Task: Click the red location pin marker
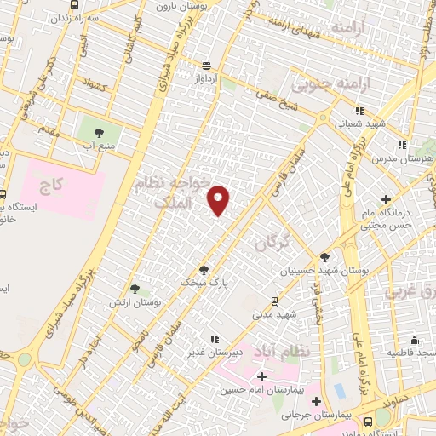[x=219, y=200]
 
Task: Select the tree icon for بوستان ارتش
[x=135, y=290]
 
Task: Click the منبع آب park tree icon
[x=99, y=132]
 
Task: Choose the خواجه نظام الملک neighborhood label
[x=170, y=192]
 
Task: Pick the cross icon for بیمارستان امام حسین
[x=261, y=376]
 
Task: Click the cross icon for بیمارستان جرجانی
[x=317, y=401]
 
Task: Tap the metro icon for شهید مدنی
[x=273, y=300]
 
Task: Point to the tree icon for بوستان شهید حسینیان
[x=324, y=257]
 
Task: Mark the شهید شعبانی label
[x=360, y=123]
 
